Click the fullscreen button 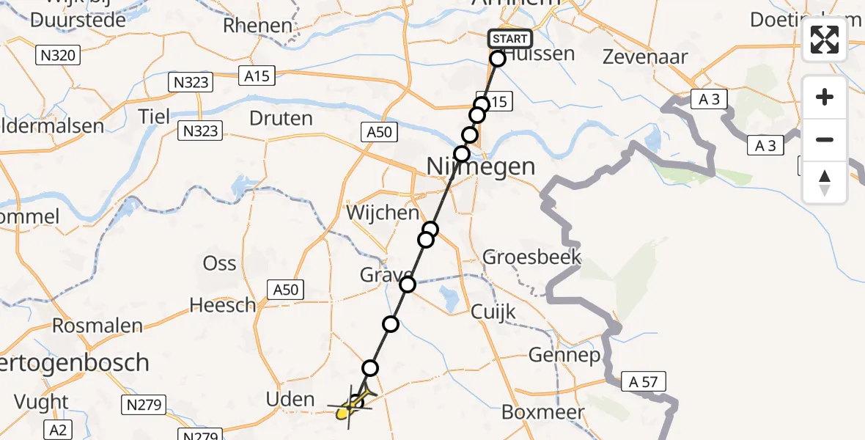click(825, 40)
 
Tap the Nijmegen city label click(481, 166)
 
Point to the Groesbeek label click(531, 257)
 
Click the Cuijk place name click(495, 312)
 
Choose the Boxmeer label click(543, 412)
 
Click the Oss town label click(220, 263)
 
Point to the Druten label click(281, 118)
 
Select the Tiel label click(154, 116)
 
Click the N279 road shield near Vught click(145, 404)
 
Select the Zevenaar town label click(644, 57)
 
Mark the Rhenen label click(257, 26)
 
